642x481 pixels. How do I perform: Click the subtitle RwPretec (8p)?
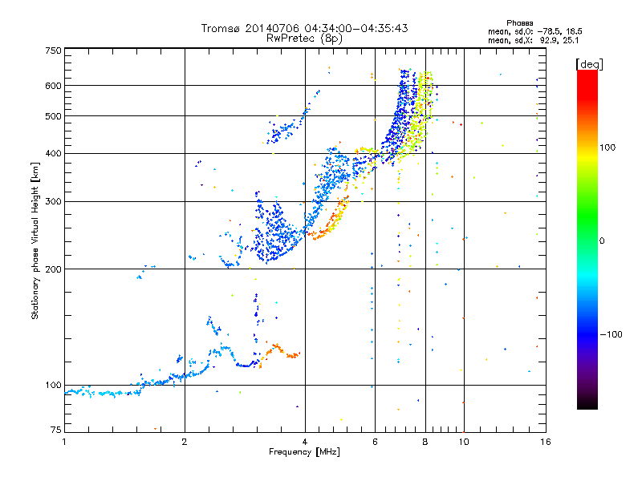304,38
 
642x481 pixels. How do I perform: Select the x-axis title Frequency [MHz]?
304,452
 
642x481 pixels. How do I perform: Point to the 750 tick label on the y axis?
53,51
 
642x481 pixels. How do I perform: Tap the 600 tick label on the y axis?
53,86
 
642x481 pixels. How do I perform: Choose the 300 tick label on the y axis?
53,202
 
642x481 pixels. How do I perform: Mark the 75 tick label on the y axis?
56,430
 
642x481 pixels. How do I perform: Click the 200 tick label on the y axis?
53,269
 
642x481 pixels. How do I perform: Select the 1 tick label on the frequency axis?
64,442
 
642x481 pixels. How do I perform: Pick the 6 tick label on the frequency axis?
375,442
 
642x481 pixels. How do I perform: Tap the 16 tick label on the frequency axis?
546,442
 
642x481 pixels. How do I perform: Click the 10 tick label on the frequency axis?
464,442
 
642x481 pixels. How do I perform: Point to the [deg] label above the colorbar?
589,65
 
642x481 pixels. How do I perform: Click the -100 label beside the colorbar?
612,334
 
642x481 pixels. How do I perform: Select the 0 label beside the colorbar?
602,240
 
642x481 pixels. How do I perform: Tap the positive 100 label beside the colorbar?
607,148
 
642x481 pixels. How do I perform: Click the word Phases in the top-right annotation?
519,23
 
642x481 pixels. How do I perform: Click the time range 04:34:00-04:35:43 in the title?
356,28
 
